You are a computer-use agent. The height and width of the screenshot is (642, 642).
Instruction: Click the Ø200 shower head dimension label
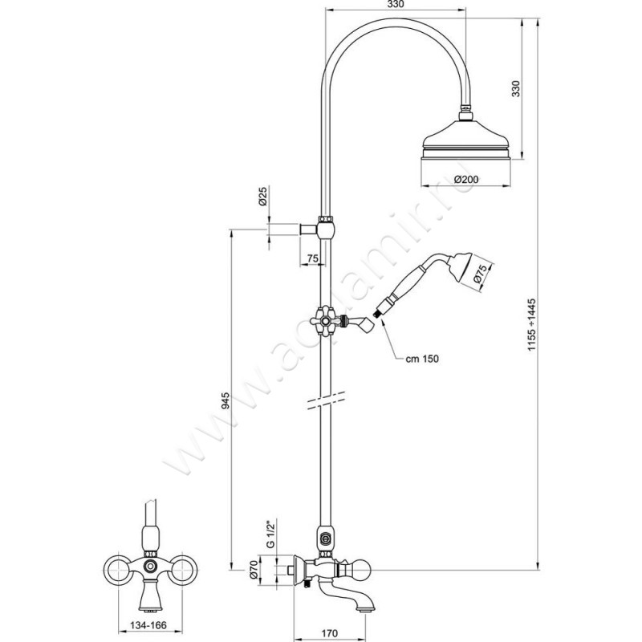pos(466,179)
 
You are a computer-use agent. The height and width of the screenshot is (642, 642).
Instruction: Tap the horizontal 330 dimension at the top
pos(396,5)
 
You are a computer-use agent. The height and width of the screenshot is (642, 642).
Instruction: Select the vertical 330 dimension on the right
pos(516,88)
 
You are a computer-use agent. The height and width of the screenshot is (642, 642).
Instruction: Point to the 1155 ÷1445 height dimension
pos(531,325)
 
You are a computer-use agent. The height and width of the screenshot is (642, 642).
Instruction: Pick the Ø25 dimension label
pos(262,196)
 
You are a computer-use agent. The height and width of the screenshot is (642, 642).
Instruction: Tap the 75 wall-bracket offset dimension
pos(312,258)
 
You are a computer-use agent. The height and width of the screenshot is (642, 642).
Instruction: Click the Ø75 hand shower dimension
pos(480,274)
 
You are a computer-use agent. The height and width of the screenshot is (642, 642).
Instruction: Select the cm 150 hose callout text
pos(422,359)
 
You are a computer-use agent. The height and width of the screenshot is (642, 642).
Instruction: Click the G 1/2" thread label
pos(270,534)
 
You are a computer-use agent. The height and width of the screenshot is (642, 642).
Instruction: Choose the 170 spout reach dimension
pos(329,633)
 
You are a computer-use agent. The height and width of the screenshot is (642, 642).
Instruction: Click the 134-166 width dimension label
pos(148,625)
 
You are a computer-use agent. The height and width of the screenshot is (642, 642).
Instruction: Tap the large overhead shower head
pos(466,140)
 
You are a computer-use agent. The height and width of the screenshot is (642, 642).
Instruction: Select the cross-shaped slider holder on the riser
pos(325,320)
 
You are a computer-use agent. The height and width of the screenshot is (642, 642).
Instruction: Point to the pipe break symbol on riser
pos(326,400)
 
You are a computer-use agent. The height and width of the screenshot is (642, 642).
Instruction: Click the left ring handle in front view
pos(119,569)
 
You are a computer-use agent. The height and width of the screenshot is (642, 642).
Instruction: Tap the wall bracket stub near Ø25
pos(308,230)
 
